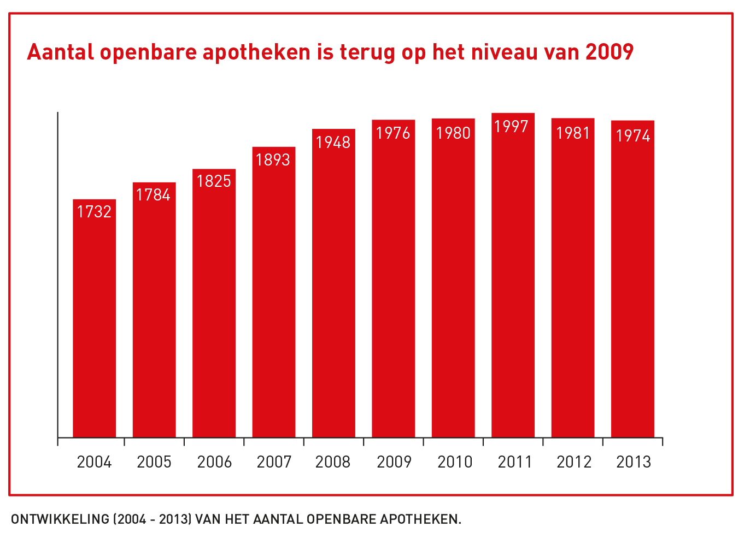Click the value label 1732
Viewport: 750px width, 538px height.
pyautogui.click(x=94, y=211)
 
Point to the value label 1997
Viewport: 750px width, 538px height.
pyautogui.click(x=511, y=127)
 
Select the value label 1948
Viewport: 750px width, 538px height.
pyautogui.click(x=333, y=143)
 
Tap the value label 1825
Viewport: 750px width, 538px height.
pyautogui.click(x=214, y=181)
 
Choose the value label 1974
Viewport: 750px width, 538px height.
pyautogui.click(x=633, y=135)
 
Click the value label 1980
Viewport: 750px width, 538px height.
pyautogui.click(x=453, y=133)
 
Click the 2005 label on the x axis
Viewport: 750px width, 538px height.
pyautogui.click(x=154, y=462)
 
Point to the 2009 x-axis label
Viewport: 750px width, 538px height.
pyautogui.click(x=394, y=462)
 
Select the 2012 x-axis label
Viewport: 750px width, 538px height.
pyautogui.click(x=574, y=462)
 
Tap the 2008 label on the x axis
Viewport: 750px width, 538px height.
pyautogui.click(x=333, y=462)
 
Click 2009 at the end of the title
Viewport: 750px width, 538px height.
pyautogui.click(x=609, y=52)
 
